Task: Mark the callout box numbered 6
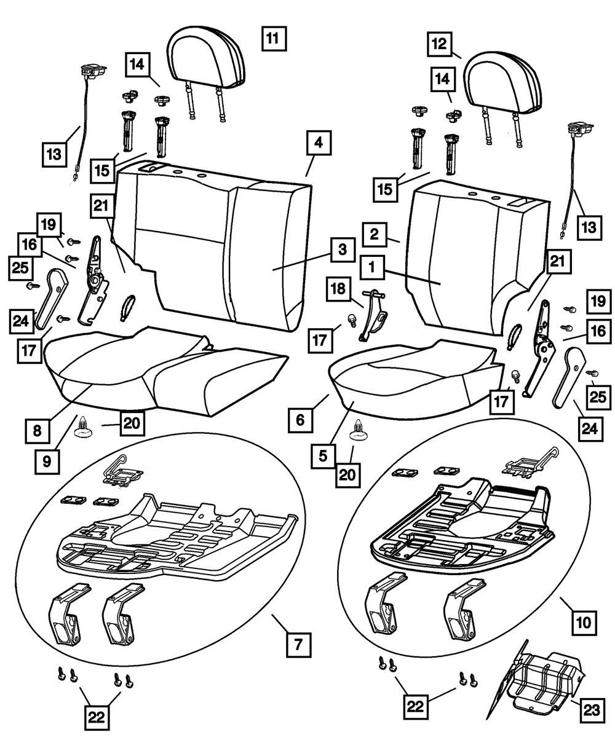coord(299,420)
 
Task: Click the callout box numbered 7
coord(298,646)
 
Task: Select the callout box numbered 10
coord(584,622)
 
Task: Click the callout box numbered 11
coord(272,39)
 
